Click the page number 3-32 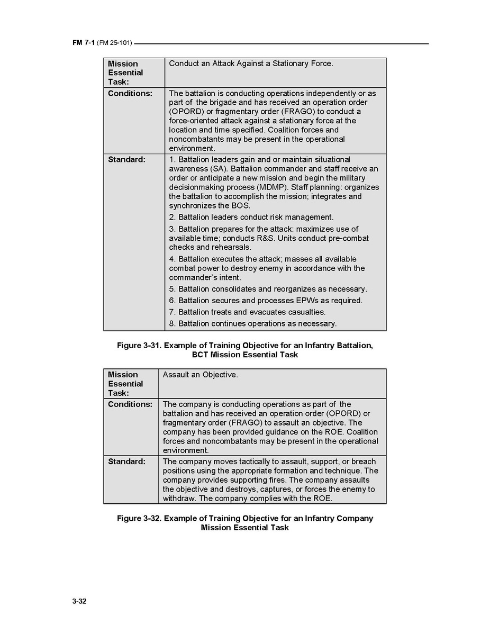click(x=79, y=601)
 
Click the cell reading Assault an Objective click(x=200, y=375)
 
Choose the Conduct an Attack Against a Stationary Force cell click(x=251, y=64)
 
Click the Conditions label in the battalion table click(x=130, y=93)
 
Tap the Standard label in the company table click(x=126, y=461)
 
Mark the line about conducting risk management click(x=251, y=217)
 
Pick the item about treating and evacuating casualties click(x=247, y=312)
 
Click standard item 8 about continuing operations click(x=252, y=323)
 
